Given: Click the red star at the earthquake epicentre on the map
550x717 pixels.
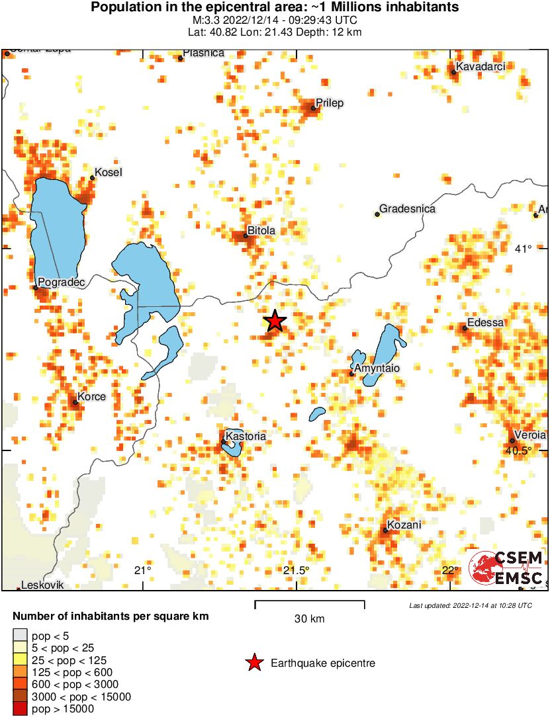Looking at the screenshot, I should click(275, 321).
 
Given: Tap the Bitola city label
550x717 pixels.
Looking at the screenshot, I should click(261, 231).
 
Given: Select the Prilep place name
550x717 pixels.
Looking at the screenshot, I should click(330, 103).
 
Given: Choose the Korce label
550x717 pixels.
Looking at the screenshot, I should click(91, 398).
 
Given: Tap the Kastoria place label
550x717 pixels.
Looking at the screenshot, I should click(246, 437).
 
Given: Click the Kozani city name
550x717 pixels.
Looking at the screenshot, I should click(404, 525).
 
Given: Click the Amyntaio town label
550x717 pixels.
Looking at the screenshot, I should click(377, 368).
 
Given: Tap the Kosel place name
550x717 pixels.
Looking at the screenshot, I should click(109, 172).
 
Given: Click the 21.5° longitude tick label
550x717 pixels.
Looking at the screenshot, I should click(297, 570).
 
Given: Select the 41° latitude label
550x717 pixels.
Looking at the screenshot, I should click(523, 249).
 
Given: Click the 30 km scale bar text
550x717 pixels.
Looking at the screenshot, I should click(309, 619).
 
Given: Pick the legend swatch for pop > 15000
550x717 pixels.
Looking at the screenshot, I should click(21, 709).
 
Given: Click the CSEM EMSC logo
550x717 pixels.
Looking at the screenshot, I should click(506, 568).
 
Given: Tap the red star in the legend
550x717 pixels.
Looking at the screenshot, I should click(253, 663).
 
